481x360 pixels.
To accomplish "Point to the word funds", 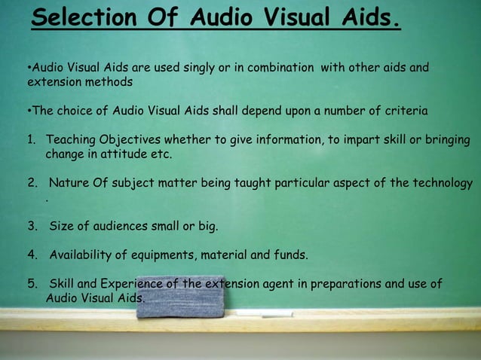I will (290, 255).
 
